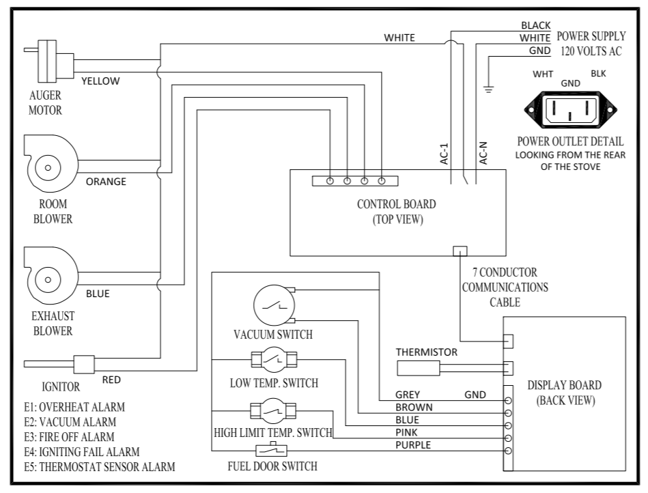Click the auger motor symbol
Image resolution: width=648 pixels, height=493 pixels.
pos(48,61)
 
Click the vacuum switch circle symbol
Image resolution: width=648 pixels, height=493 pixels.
pos(274,305)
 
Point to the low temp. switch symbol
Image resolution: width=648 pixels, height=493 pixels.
pos(274,359)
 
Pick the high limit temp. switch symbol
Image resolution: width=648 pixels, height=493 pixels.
pos(273,411)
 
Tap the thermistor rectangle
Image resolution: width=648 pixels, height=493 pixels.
pos(418,368)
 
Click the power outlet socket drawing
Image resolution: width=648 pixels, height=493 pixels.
pos(570,109)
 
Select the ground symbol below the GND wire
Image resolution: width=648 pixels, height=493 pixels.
pos(488,89)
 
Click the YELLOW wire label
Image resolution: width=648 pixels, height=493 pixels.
pos(100,81)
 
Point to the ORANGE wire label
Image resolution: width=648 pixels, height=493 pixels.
pos(106,182)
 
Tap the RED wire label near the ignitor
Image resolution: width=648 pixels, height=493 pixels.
pos(111,380)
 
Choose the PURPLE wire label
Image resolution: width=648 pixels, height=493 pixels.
pos(413,445)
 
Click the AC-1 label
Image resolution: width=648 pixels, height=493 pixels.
pos(445,154)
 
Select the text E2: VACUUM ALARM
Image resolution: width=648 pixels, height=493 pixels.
pos(70,422)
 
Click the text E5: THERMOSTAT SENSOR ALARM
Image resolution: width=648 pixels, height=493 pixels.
pos(99,467)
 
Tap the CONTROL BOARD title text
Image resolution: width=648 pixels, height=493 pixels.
pos(396,204)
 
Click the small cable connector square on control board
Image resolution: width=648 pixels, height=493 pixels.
pos(460,251)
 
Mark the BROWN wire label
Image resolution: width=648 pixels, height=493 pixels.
pos(414,408)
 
